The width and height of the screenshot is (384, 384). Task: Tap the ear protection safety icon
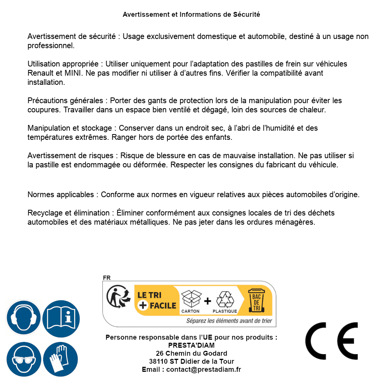24,318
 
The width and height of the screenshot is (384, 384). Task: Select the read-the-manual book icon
61,318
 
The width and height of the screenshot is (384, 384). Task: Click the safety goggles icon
24,359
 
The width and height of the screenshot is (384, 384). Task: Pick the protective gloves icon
61,359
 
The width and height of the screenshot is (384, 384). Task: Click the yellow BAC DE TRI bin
257,301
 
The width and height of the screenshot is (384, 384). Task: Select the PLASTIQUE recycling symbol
225,300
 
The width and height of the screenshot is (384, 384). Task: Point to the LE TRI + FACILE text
157,300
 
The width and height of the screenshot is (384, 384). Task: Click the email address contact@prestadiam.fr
204,369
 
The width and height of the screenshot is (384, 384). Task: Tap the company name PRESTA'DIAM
191,345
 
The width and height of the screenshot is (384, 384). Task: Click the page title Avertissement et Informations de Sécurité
191,15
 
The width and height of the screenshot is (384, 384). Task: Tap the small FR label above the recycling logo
107,278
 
